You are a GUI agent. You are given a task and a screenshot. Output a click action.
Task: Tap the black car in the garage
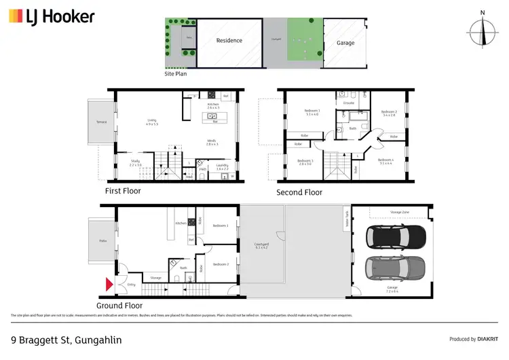tap(396, 237)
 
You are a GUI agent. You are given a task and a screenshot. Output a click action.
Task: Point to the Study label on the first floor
tap(136, 161)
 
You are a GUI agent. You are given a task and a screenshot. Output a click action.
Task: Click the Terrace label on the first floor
tap(101, 122)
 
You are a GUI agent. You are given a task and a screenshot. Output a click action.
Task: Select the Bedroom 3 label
tap(305, 160)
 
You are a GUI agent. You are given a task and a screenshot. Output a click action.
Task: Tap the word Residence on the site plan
tap(229, 40)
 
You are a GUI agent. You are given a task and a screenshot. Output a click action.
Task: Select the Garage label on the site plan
tap(345, 43)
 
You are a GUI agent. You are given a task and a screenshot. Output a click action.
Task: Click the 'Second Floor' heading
tap(299, 192)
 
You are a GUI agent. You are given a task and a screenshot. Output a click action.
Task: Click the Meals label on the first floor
tap(212, 142)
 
